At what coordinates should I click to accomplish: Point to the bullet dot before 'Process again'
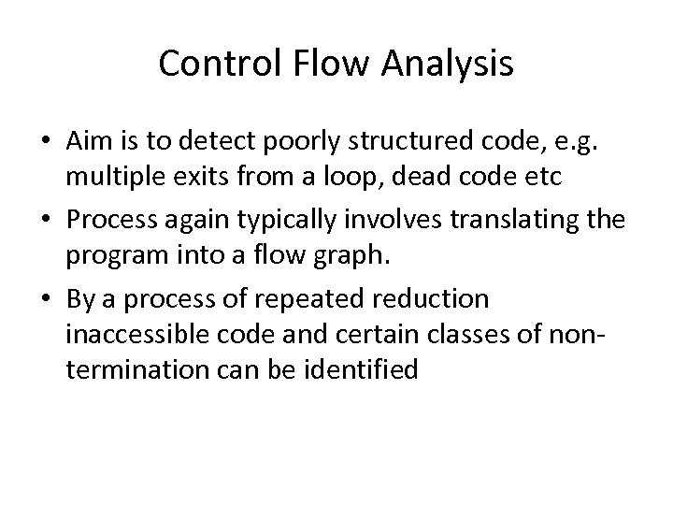[46, 220]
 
